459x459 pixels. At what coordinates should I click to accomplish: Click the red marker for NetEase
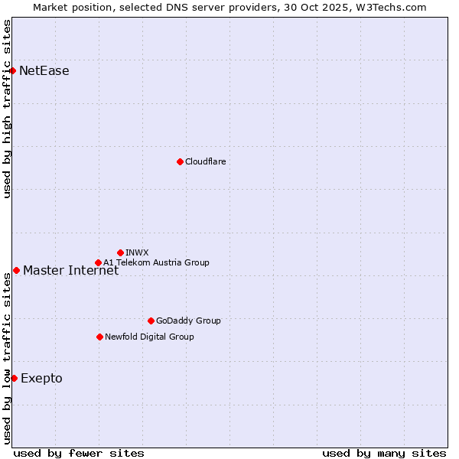click(13, 71)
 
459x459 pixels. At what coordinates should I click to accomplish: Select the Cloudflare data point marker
click(180, 161)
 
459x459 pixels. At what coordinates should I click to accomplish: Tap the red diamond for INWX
click(120, 252)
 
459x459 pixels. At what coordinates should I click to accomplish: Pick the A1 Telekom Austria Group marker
click(98, 263)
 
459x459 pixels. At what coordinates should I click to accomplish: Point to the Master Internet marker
click(16, 270)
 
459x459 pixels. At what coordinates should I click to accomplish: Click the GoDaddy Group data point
click(151, 321)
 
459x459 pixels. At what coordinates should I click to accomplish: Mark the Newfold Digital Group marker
click(99, 337)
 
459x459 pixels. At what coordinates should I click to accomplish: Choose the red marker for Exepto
click(14, 378)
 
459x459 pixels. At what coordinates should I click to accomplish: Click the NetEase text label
click(44, 71)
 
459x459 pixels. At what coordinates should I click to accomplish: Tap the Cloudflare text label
click(206, 161)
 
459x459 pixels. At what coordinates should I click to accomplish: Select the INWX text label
click(137, 252)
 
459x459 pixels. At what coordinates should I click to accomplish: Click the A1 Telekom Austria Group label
click(156, 262)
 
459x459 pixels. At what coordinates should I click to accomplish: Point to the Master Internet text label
click(71, 270)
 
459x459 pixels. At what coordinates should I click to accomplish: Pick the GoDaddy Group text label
click(188, 321)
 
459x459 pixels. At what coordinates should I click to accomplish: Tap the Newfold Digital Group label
click(149, 337)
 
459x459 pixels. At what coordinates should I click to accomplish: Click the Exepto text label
click(42, 378)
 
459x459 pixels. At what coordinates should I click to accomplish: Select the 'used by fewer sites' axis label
click(79, 453)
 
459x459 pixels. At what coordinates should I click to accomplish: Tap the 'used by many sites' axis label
click(384, 453)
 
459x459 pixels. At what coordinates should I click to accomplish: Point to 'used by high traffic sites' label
click(7, 109)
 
